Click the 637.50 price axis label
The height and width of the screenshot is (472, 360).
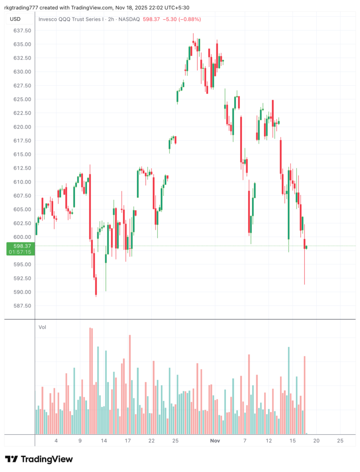tap(22, 30)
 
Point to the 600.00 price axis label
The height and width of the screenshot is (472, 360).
tap(22, 237)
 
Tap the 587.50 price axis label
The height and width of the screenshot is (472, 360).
tap(22, 306)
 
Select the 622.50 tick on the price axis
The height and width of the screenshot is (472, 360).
tap(22, 113)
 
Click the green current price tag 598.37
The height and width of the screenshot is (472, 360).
tap(22, 246)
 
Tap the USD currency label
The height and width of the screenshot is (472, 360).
tap(15, 19)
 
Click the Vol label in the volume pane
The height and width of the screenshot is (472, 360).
tap(42, 327)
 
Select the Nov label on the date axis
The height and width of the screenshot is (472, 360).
tap(215, 441)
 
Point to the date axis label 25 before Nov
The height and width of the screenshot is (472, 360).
tap(175, 441)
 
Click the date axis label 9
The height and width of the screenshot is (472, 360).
tap(80, 441)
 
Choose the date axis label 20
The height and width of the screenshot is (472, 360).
tap(316, 441)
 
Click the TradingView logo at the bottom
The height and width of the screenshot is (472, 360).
tap(39, 459)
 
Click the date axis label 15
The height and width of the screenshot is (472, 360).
tap(292, 441)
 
